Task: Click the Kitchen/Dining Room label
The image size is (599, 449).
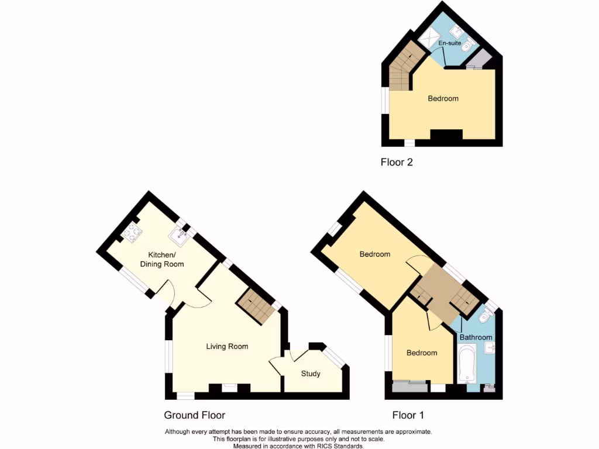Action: [161, 260]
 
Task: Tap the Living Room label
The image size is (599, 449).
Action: [227, 346]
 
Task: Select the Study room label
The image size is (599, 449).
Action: [311, 374]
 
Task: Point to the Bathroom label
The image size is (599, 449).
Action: [476, 337]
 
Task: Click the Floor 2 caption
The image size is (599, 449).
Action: [397, 163]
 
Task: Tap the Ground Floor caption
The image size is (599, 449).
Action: [194, 415]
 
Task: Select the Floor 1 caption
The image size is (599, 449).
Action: [408, 415]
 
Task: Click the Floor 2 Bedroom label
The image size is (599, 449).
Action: [443, 98]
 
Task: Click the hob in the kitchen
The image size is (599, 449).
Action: [132, 234]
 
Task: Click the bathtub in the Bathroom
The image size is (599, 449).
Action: [466, 364]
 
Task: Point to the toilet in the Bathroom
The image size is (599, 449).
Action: [485, 316]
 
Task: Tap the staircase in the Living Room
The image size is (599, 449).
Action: [255, 306]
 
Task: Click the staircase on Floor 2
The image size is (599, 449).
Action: [402, 69]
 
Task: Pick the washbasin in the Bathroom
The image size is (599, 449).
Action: [489, 350]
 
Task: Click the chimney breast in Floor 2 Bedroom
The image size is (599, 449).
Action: [446, 136]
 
